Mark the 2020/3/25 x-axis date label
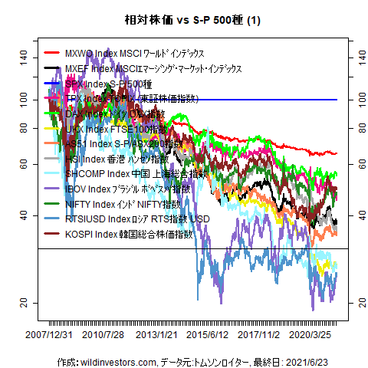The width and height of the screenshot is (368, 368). point(315,335)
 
